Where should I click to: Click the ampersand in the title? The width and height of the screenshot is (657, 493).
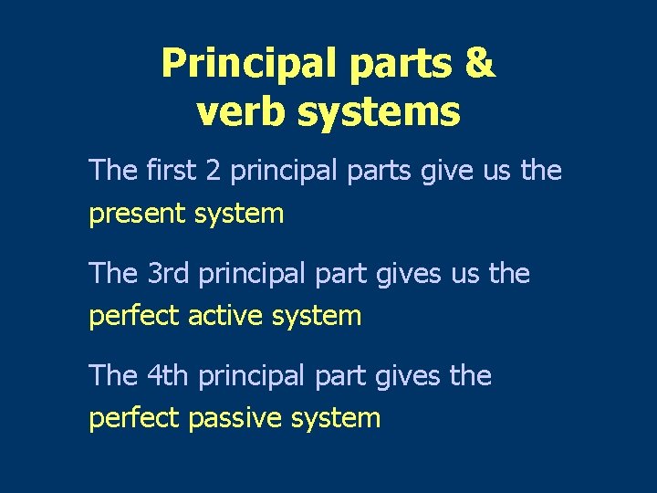tap(480, 64)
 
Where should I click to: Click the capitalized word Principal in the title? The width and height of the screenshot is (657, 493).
tap(246, 64)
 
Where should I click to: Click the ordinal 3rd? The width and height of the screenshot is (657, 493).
tap(166, 273)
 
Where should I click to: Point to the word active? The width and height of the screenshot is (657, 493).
tap(220, 317)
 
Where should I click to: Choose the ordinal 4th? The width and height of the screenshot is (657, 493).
tap(166, 375)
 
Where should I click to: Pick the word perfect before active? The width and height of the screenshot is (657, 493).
tap(134, 317)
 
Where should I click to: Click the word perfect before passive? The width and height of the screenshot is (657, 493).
tap(134, 419)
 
